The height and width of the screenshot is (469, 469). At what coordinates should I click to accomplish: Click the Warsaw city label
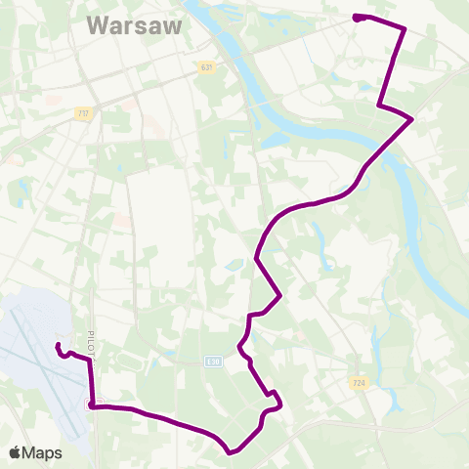pyautogui.click(x=134, y=25)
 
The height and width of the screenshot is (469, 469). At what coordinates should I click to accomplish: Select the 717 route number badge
pyautogui.click(x=83, y=113)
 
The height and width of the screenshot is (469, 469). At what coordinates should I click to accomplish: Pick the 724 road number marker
pyautogui.click(x=357, y=382)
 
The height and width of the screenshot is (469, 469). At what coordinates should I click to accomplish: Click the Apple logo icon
pyautogui.click(x=15, y=452)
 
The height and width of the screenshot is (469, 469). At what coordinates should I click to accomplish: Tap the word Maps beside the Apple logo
pyautogui.click(x=42, y=452)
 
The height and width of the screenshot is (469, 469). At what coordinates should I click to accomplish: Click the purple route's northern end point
pyautogui.click(x=356, y=17)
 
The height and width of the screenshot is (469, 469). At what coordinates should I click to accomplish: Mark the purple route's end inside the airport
pyautogui.click(x=58, y=346)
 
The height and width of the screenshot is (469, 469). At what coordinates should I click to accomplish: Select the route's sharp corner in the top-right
pyautogui.click(x=405, y=30)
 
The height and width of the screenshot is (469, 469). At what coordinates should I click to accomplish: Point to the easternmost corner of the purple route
pyautogui.click(x=412, y=119)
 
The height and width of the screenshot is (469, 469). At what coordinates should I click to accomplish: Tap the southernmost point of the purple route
pyautogui.click(x=230, y=452)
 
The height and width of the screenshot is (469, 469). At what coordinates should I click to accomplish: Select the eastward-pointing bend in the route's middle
pyautogui.click(x=281, y=294)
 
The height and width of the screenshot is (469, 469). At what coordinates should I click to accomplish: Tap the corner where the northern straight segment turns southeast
pyautogui.click(x=379, y=106)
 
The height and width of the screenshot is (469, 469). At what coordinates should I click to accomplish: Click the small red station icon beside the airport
pyautogui.click(x=92, y=404)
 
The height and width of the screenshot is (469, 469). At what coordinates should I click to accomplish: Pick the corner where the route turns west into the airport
pyautogui.click(x=90, y=361)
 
